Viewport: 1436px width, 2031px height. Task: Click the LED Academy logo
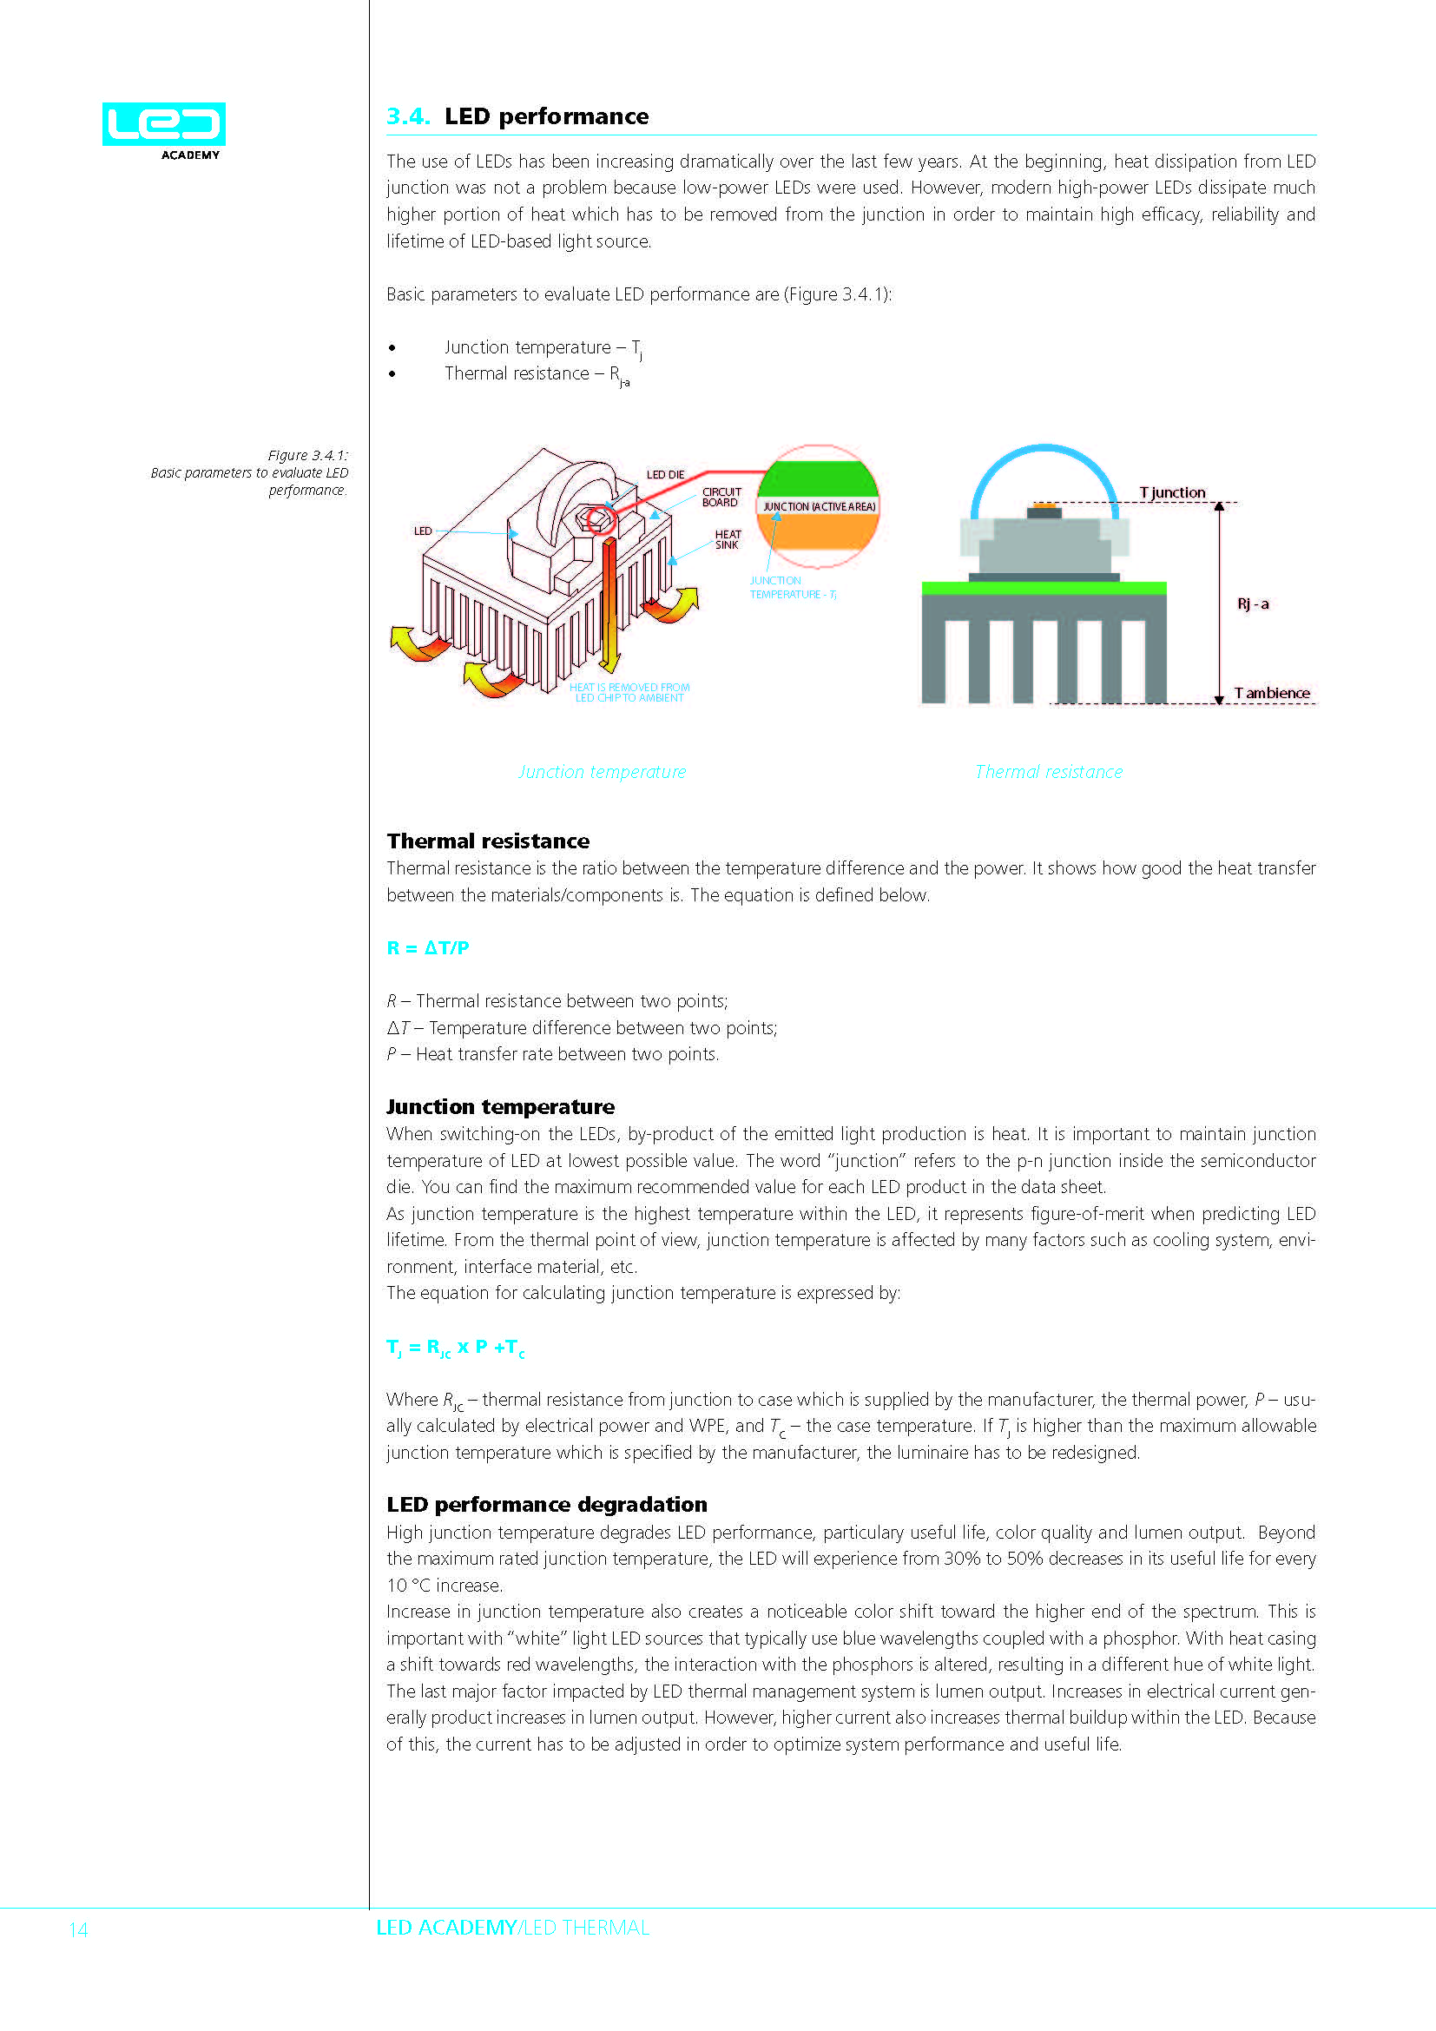click(163, 129)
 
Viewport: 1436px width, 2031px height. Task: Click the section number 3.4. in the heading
click(408, 116)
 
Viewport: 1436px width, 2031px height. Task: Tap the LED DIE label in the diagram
click(665, 475)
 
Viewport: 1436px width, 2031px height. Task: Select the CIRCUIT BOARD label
click(721, 498)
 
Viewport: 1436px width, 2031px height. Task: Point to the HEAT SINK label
click(727, 539)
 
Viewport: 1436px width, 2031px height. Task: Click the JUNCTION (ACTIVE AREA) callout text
click(819, 507)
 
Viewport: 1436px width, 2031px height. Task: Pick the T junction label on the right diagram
click(1171, 491)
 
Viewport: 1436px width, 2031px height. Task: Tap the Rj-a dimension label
click(1252, 604)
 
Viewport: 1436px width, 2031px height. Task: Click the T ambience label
click(1272, 693)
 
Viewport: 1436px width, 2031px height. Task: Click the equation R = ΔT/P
click(428, 948)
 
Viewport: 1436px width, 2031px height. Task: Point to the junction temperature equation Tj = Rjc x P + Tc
click(456, 1348)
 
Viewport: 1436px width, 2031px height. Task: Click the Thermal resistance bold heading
click(488, 841)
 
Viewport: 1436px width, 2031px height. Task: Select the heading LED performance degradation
click(546, 1505)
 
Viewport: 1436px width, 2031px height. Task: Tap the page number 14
click(78, 1929)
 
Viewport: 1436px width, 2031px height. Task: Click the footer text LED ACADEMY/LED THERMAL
click(513, 1928)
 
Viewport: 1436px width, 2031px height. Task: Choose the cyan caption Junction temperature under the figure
click(602, 771)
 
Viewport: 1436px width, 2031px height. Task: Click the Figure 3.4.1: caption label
click(307, 455)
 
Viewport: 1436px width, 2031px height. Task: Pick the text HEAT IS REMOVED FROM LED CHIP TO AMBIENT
click(629, 693)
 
